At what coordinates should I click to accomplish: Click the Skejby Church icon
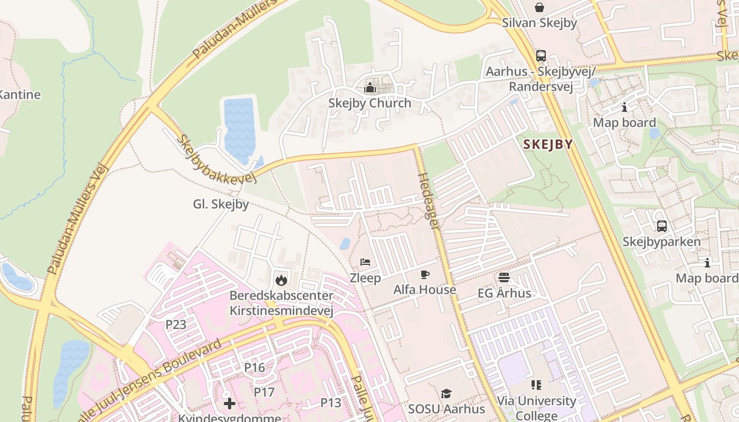point(370,88)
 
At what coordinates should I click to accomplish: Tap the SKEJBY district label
point(547,145)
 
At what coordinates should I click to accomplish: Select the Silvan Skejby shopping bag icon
point(539,7)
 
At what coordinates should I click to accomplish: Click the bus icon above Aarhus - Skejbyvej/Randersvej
point(541,56)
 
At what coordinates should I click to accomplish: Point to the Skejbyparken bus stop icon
point(661,226)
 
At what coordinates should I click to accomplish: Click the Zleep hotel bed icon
point(365,262)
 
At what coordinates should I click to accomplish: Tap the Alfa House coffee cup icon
point(424,274)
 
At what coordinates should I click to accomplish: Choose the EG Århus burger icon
point(504,277)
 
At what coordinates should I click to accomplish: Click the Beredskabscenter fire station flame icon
point(281,280)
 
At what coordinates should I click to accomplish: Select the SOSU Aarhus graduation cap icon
point(446,394)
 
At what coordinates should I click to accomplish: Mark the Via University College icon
point(536,385)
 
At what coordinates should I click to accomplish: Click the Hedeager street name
point(429,200)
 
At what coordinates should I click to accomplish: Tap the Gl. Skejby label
point(221,204)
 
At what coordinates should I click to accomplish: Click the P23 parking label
point(176,324)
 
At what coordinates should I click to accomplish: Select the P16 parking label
point(254,367)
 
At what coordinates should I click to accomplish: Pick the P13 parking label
point(331,403)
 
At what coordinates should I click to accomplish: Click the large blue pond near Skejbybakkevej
point(239,129)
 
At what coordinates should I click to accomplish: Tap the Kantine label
point(19,95)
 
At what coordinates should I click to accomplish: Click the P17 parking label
point(264,392)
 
